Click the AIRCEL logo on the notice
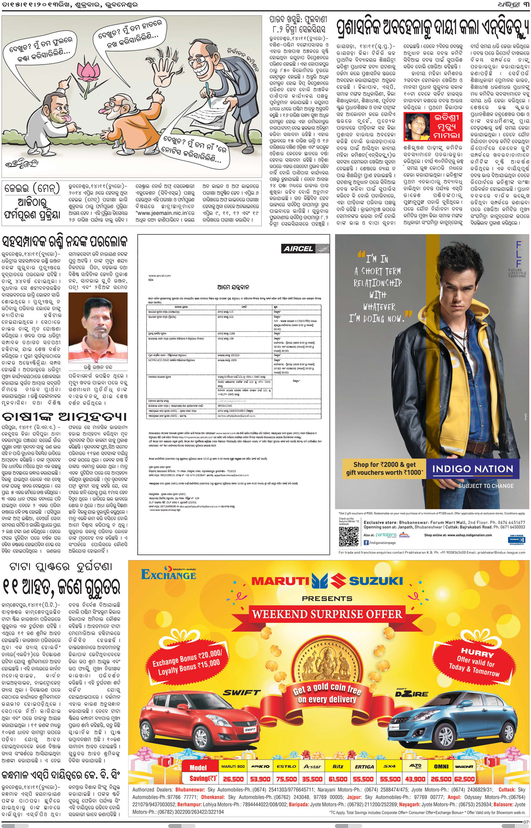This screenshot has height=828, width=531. pos(299,249)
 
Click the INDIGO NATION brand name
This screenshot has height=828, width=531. pos(472,469)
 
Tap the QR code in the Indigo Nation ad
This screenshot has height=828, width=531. pos(348,537)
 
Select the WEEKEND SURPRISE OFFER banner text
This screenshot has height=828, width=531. pos(327,614)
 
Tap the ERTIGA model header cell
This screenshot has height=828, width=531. pos(364,766)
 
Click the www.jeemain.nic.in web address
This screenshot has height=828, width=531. pos(165,213)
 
